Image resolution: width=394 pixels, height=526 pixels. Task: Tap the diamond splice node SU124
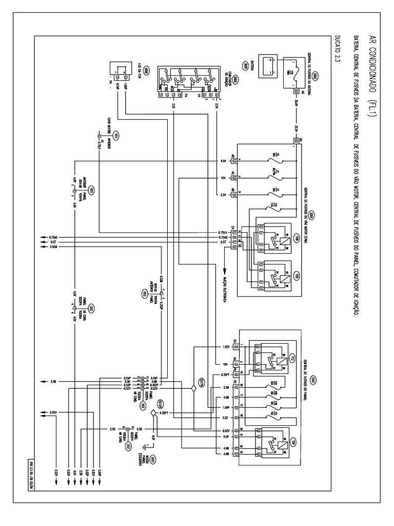pos(153,412)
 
